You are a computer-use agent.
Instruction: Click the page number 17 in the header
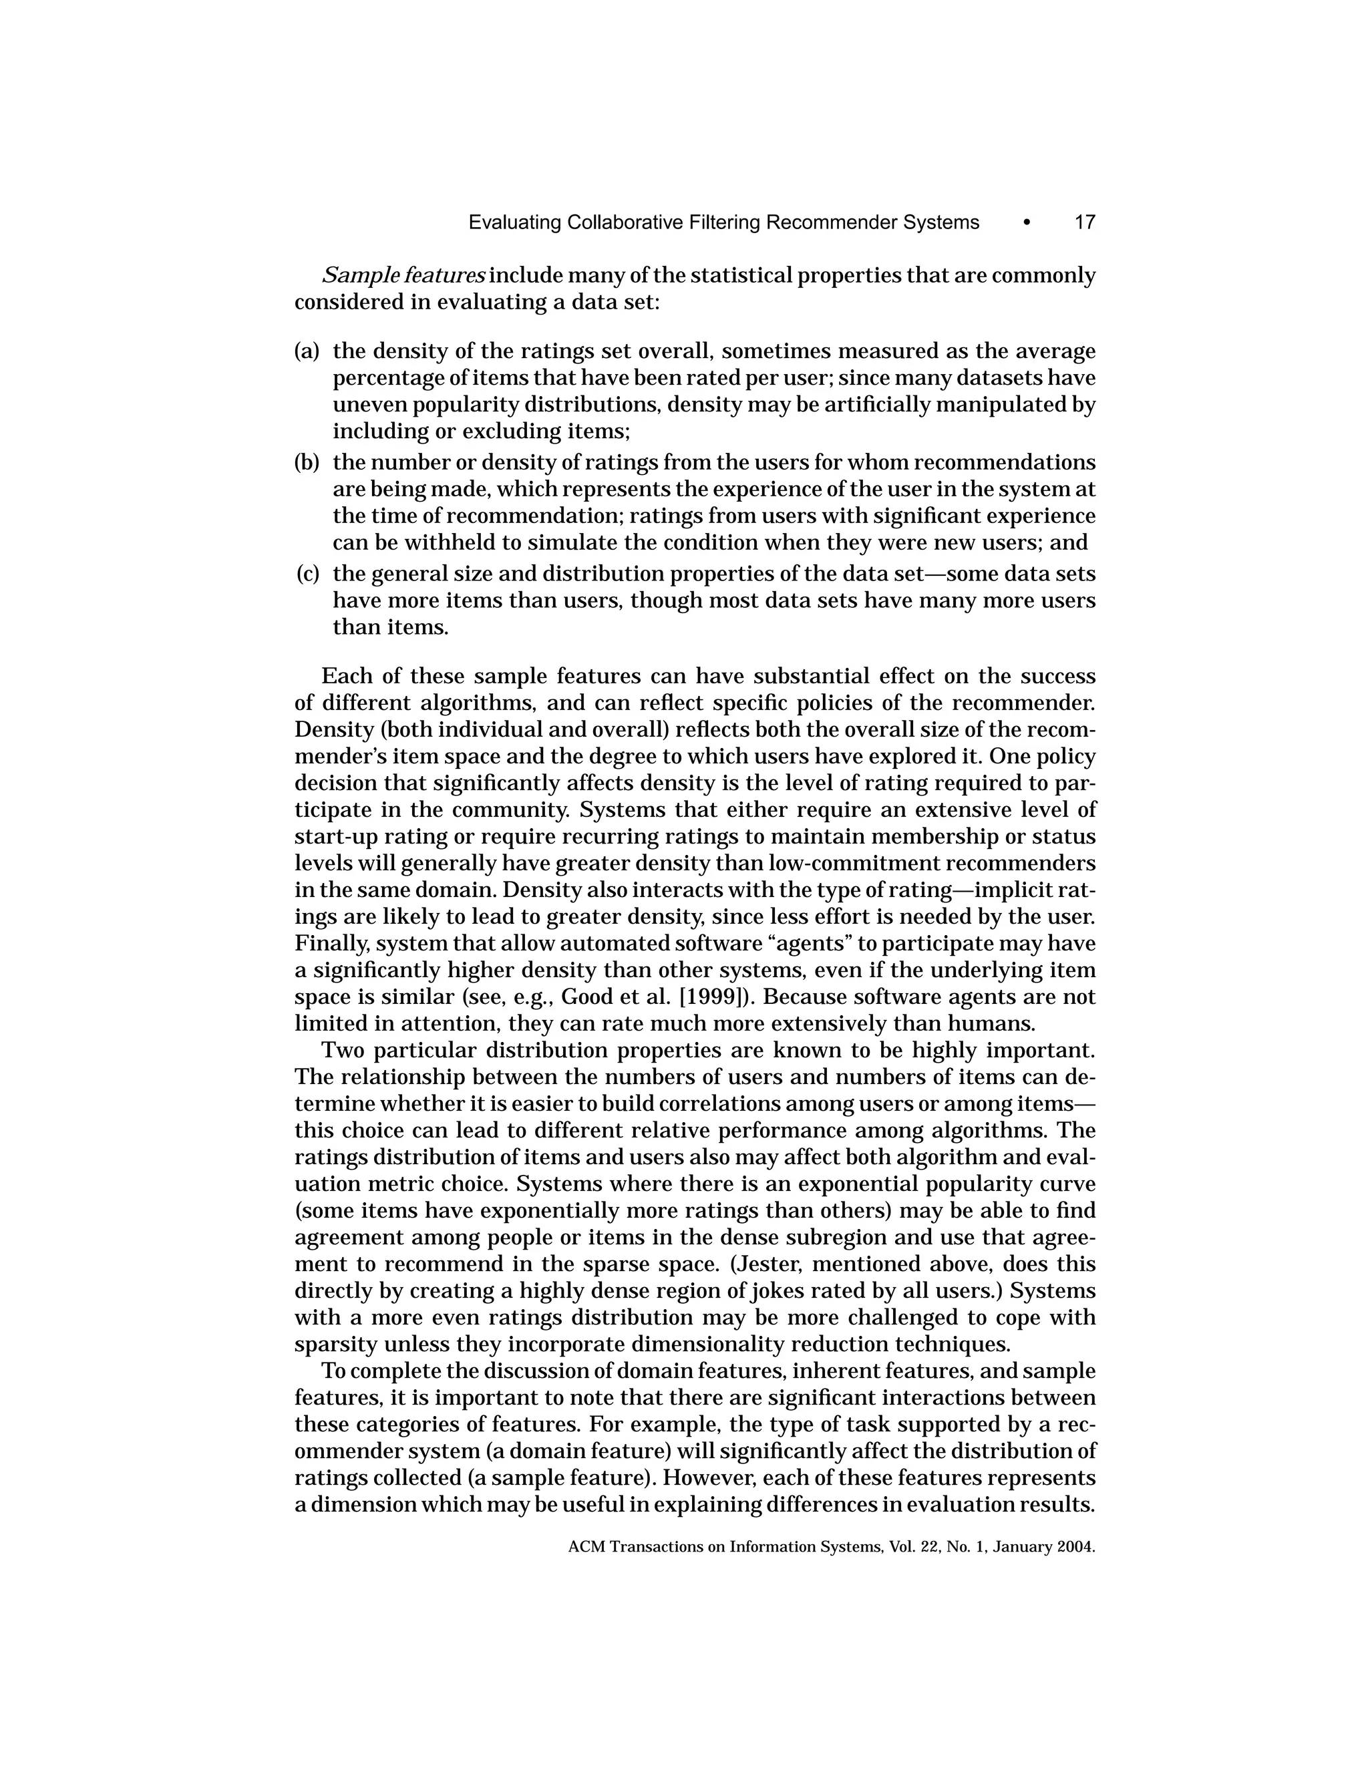1084,223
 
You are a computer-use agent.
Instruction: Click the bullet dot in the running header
1027,223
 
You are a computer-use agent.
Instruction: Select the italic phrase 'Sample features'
403,276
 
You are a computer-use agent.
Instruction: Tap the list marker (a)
307,352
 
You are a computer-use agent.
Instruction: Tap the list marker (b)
307,463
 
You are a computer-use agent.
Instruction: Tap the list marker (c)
307,574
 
